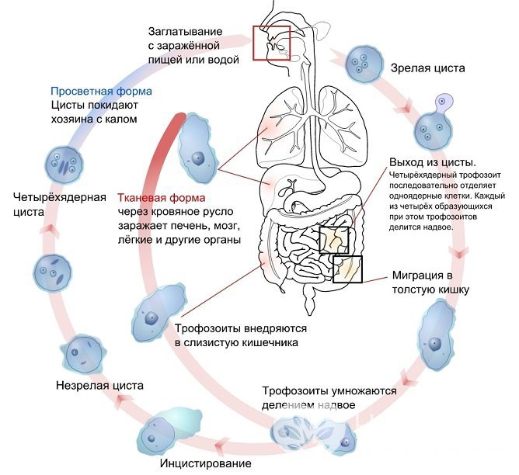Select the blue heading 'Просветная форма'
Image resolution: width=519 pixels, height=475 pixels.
pyautogui.click(x=101, y=91)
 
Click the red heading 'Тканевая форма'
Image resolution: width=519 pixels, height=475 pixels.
pyautogui.click(x=155, y=197)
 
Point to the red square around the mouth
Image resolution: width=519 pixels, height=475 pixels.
pyautogui.click(x=271, y=45)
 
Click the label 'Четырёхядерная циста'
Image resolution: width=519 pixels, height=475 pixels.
pyautogui.click(x=59, y=203)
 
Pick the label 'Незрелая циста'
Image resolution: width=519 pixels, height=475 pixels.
pyautogui.click(x=99, y=384)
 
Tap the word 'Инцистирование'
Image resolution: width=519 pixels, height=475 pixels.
pyautogui.click(x=205, y=464)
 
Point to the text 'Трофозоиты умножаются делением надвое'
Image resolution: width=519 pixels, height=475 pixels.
pyautogui.click(x=329, y=398)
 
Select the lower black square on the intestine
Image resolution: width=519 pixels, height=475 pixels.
pyautogui.click(x=347, y=269)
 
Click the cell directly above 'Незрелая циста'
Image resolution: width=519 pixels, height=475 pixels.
pyautogui.click(x=82, y=355)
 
